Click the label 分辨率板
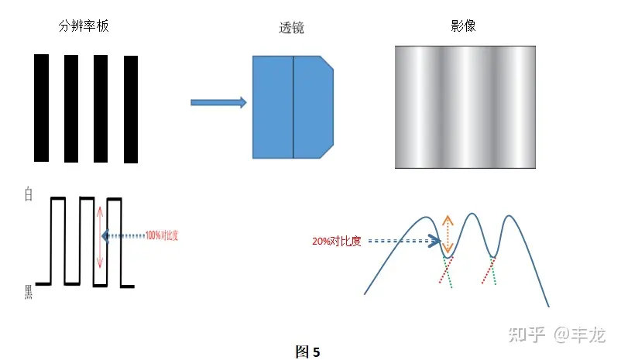[84, 26]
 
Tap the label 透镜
[291, 29]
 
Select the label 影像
[462, 26]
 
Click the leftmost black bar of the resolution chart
[41, 108]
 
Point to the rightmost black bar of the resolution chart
[131, 109]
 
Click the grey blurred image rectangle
[465, 107]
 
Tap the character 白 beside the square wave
[29, 195]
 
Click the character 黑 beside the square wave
[29, 291]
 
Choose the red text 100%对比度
[166, 235]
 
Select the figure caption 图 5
[307, 351]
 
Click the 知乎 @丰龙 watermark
[554, 334]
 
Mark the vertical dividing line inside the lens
[293, 107]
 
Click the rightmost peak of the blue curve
[509, 216]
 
